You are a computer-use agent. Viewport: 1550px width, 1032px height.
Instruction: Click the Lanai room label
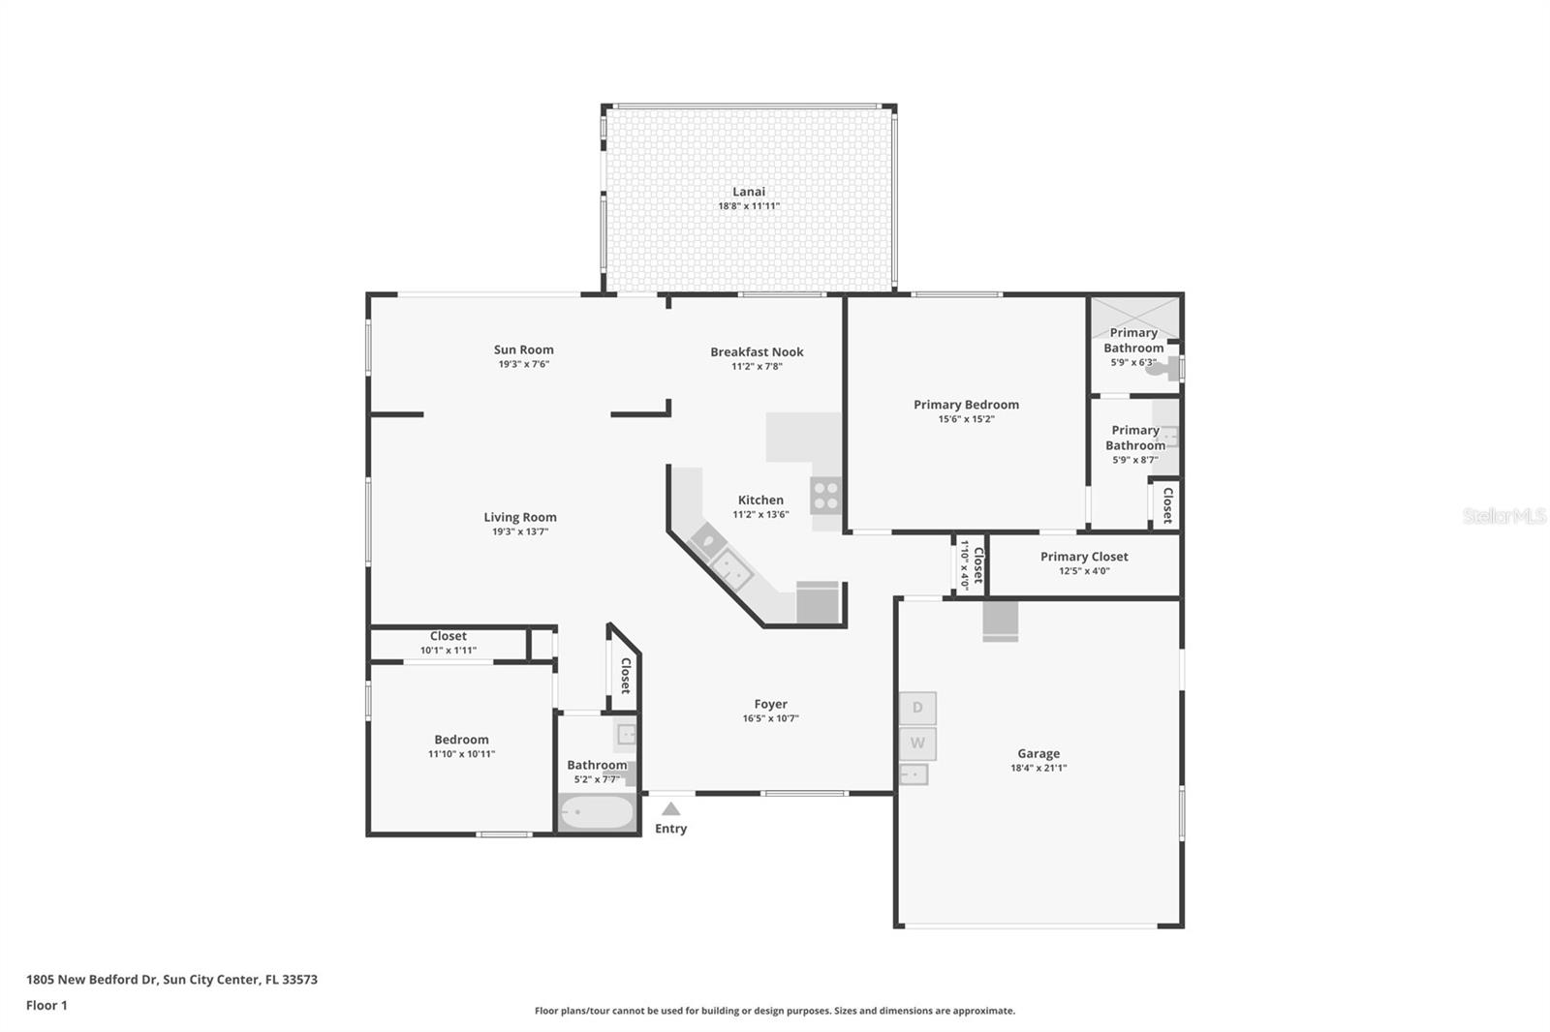click(x=748, y=192)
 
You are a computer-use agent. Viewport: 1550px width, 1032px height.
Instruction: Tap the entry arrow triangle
click(x=670, y=809)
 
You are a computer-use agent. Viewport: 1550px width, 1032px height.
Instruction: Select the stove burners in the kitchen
click(x=825, y=496)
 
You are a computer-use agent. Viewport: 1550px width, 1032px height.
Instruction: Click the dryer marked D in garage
click(x=917, y=708)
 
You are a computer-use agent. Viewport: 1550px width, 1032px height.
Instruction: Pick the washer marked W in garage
click(x=917, y=744)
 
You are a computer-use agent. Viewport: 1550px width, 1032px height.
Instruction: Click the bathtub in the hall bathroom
click(x=597, y=812)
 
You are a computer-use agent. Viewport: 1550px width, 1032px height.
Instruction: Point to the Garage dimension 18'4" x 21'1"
click(x=1038, y=768)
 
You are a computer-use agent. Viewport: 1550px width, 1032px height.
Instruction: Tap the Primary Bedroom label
click(x=966, y=405)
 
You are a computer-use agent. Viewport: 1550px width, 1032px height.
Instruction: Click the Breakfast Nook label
click(x=757, y=351)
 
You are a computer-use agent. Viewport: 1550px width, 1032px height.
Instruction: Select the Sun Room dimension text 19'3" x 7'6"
click(x=523, y=364)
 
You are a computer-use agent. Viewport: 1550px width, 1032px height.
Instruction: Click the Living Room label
click(x=520, y=517)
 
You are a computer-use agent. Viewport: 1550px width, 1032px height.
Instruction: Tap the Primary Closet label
click(x=1084, y=557)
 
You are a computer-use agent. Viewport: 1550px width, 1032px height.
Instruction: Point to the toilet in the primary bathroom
click(x=1170, y=368)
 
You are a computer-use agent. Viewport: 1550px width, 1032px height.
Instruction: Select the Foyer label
click(x=770, y=704)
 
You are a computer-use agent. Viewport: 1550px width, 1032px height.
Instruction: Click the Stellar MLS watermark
click(x=1503, y=516)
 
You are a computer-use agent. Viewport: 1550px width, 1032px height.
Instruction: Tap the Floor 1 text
click(x=46, y=1005)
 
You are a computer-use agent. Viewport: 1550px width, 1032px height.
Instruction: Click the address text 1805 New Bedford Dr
click(x=171, y=979)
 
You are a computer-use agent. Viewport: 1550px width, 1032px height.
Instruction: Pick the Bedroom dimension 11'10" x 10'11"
click(x=461, y=754)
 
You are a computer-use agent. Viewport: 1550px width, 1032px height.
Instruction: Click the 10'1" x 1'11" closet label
click(x=448, y=651)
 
